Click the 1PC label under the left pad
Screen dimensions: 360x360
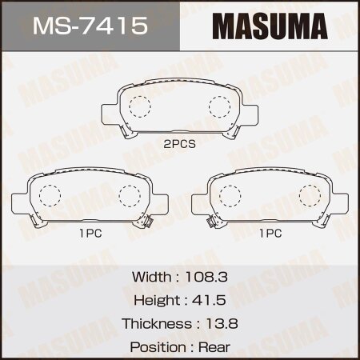pos(89,234)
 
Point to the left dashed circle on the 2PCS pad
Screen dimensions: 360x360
pos(141,106)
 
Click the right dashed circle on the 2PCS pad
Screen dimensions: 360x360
pos(218,106)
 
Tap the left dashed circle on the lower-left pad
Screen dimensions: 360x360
pos(50,194)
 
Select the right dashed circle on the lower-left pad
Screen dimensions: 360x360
pos(128,194)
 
